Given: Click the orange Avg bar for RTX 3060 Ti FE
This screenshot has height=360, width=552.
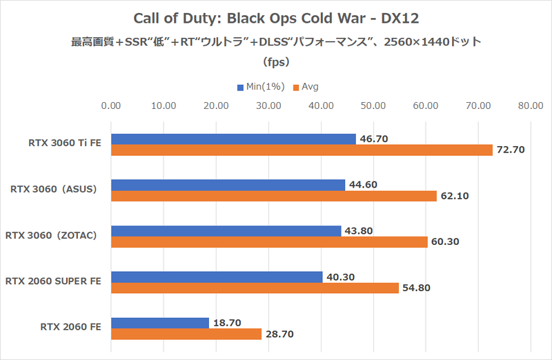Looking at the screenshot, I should pos(302,150).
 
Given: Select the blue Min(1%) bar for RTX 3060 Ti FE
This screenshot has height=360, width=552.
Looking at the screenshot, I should pos(233,139).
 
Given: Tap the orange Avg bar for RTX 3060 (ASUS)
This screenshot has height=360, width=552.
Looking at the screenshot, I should pos(274,196).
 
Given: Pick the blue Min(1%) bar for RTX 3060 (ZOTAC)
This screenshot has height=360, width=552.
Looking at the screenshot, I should pos(226,231).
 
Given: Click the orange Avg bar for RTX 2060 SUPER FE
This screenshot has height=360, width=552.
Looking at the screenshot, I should pos(255,288).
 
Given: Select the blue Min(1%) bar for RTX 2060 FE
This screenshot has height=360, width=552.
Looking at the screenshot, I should pos(159,323).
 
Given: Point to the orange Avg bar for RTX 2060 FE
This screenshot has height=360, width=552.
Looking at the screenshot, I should pos(186,334).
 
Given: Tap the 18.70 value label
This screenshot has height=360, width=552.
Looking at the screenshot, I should pos(227,323).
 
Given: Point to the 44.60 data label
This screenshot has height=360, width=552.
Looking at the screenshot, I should pos(363,185).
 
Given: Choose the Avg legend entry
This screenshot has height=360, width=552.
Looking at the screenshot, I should pos(306,88).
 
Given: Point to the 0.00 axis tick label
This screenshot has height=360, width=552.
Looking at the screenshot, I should pos(111,106).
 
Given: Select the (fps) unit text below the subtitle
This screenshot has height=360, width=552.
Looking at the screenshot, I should pos(276,61).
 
